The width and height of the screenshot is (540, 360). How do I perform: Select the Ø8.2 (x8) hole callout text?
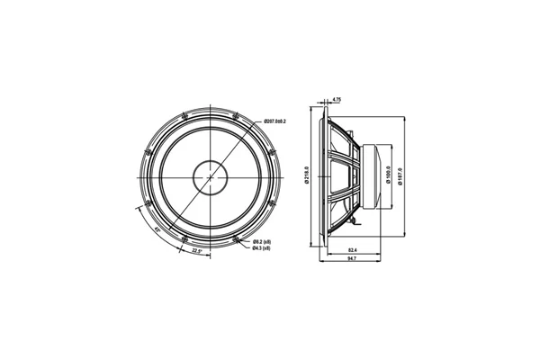click(262, 242)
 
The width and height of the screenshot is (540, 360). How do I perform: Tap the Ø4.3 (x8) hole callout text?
click(262, 249)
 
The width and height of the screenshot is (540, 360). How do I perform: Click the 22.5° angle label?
click(196, 251)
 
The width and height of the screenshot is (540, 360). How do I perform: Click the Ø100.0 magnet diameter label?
click(387, 175)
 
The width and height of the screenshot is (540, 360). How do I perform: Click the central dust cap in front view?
click(212, 175)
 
